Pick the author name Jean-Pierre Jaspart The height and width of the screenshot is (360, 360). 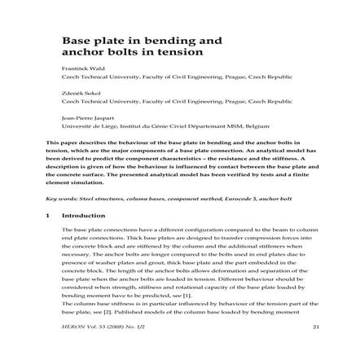78,116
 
